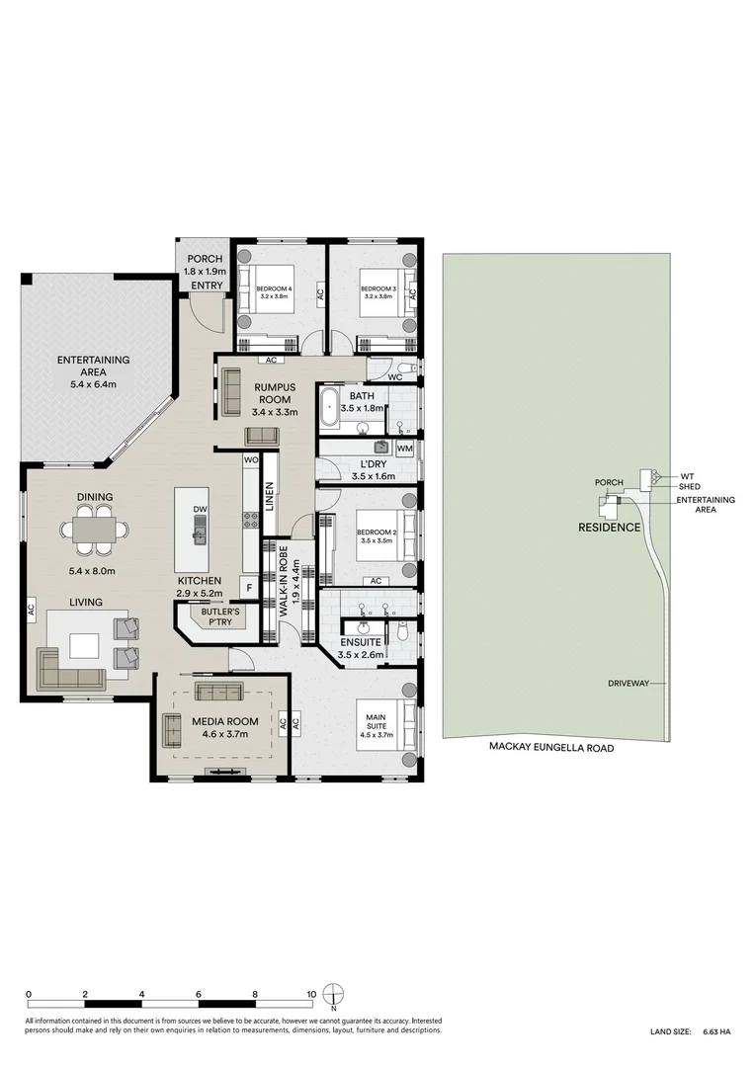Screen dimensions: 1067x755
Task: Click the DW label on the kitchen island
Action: click(x=201, y=511)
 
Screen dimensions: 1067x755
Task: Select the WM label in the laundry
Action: click(x=403, y=449)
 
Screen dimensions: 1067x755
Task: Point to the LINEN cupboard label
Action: click(x=269, y=497)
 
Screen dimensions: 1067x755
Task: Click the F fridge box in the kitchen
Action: click(x=250, y=588)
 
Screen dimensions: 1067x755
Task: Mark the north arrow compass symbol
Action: click(x=337, y=996)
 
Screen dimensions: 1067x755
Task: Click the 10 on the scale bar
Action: click(x=311, y=995)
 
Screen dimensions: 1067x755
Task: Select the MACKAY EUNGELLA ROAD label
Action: click(x=551, y=749)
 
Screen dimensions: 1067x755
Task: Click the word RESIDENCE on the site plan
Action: click(x=609, y=528)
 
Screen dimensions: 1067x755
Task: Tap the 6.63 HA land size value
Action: click(x=716, y=1031)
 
